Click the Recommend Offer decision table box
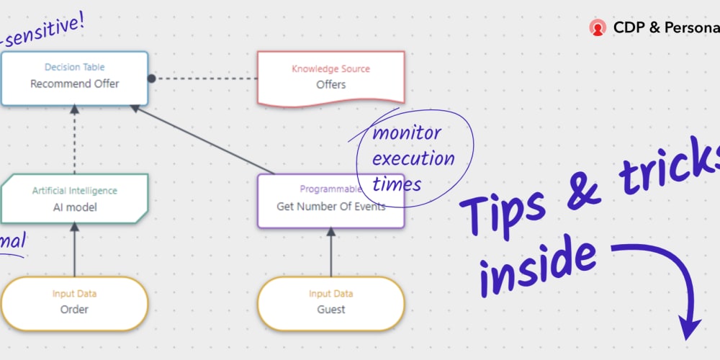[74, 78]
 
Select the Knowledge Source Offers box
[330, 78]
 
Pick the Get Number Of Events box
[330, 202]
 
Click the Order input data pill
[74, 302]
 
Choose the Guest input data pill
[330, 302]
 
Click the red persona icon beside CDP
[597, 28]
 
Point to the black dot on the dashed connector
[152, 78]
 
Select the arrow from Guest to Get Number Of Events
[330, 253]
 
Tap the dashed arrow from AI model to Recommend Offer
[74, 140]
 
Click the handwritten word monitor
[408, 134]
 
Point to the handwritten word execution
[413, 158]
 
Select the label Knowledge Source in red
[330, 69]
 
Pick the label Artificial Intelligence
[74, 191]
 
